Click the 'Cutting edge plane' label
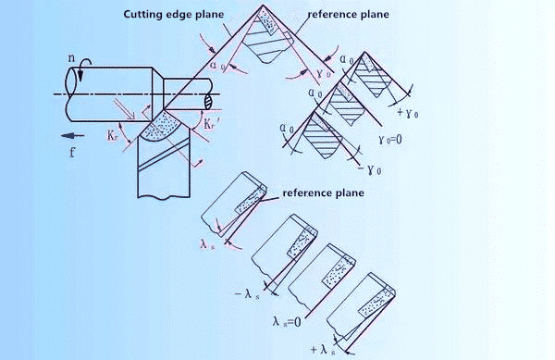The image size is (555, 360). (173, 15)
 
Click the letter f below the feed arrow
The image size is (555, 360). (71, 153)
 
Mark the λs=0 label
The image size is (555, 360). (294, 323)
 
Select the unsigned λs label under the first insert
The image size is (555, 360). (208, 243)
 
